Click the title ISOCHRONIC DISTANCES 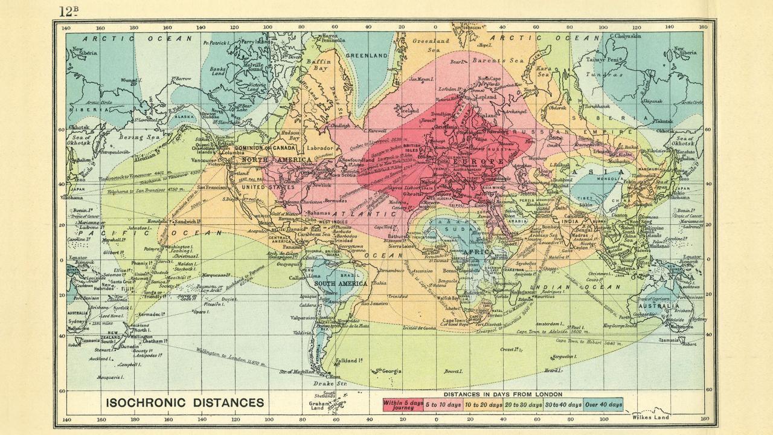click(x=185, y=402)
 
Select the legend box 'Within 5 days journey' click(x=403, y=404)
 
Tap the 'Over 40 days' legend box click(x=603, y=404)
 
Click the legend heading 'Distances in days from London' click(x=502, y=394)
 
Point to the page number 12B click(x=69, y=11)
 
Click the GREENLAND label click(x=366, y=55)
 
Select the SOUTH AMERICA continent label click(x=341, y=283)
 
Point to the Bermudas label click(x=336, y=201)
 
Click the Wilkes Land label click(x=650, y=417)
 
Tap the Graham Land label click(x=318, y=406)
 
